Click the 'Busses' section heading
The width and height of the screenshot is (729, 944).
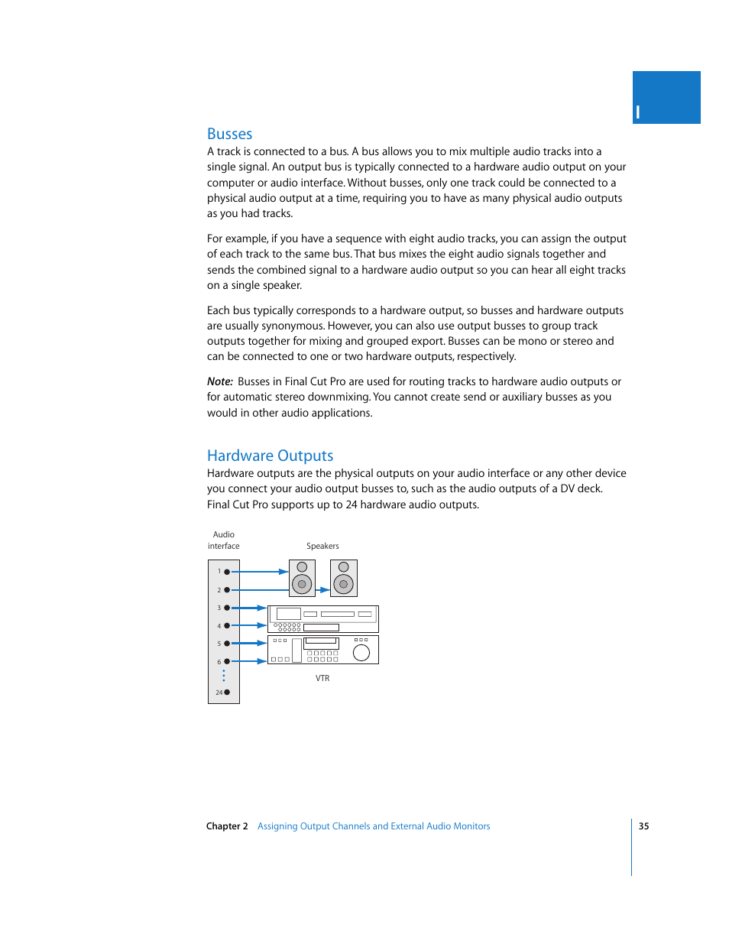[x=229, y=134]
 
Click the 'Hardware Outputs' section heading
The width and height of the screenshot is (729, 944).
[x=270, y=456]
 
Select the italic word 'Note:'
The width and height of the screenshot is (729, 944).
[x=219, y=381]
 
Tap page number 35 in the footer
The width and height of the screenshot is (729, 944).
[x=643, y=826]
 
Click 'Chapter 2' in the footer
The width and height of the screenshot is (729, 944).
[x=227, y=826]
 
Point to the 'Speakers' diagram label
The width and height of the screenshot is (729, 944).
[x=322, y=546]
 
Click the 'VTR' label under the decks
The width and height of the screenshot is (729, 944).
[x=322, y=678]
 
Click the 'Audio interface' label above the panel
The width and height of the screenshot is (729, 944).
[x=224, y=540]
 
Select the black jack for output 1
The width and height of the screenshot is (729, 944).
[x=227, y=572]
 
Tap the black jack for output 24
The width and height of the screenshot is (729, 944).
[x=227, y=693]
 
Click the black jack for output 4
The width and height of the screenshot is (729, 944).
[x=227, y=626]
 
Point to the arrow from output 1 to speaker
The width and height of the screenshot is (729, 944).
[x=260, y=572]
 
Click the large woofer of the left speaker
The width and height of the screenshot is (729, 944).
[x=302, y=585]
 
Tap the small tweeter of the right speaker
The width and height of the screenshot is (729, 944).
[x=343, y=567]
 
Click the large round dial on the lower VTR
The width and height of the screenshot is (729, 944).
[x=361, y=652]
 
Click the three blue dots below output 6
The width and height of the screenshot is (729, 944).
[x=224, y=676]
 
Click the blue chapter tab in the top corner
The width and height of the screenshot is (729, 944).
[x=666, y=97]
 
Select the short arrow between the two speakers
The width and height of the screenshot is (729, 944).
[x=323, y=590]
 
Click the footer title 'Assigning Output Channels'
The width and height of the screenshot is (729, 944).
[x=374, y=826]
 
